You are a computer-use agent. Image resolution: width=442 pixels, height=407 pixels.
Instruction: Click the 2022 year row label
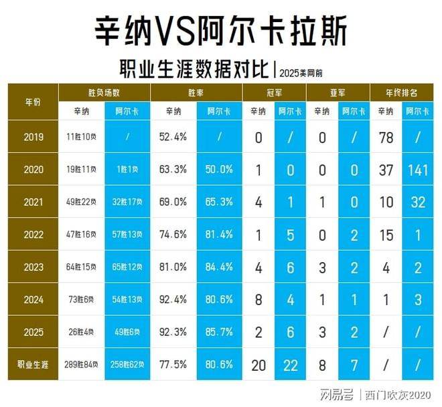click(33, 235)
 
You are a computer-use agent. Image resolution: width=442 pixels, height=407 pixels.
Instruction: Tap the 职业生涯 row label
click(33, 365)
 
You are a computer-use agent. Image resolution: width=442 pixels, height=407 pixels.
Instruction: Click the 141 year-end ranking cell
click(418, 170)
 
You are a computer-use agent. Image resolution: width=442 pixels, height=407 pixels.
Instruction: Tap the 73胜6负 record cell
click(82, 300)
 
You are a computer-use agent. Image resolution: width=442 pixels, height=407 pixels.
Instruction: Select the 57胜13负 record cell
click(128, 235)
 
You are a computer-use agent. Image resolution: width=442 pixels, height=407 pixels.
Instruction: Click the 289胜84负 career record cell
click(82, 365)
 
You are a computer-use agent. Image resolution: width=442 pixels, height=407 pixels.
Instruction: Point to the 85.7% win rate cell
click(220, 333)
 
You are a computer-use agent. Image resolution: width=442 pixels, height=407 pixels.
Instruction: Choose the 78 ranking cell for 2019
click(386, 137)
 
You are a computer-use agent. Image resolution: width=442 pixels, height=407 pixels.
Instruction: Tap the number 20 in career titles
click(258, 365)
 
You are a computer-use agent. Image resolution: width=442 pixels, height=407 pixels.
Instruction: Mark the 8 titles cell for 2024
click(258, 300)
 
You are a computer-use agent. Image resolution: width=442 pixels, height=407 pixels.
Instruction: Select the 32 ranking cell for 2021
click(418, 202)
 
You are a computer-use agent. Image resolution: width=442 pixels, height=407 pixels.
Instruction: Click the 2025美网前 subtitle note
click(303, 70)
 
